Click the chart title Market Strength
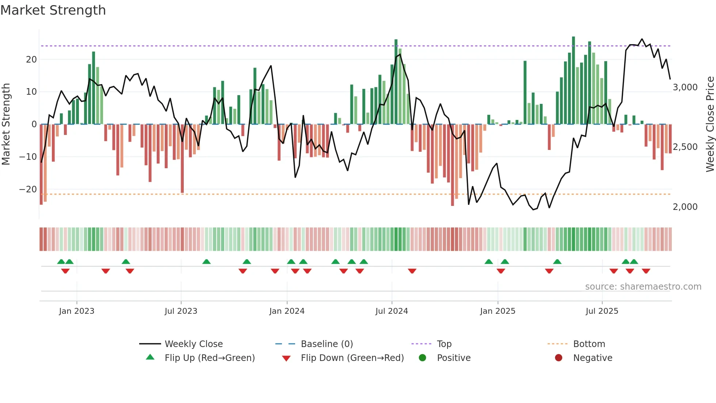point(53,10)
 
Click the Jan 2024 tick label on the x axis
point(287,311)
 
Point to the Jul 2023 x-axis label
point(181,311)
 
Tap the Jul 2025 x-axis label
point(602,311)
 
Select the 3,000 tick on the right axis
point(685,87)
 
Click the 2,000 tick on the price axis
point(685,207)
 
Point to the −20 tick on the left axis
point(28,189)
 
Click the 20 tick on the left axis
point(31,60)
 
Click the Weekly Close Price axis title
point(710,124)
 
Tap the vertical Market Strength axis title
point(6,124)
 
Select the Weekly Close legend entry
point(193,344)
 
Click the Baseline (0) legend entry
point(327,344)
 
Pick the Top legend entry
point(444,344)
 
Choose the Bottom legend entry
point(589,344)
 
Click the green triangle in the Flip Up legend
point(150,357)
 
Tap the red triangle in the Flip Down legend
point(286,358)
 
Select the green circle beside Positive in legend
point(422,358)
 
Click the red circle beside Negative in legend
point(559,358)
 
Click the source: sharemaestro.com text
point(643,287)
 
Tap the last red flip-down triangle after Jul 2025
point(646,271)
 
